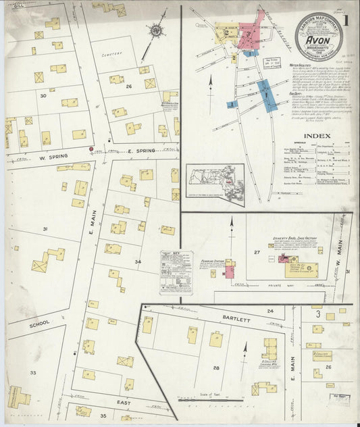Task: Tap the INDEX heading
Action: pyautogui.click(x=317, y=136)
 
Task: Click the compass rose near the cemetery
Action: pyautogui.click(x=157, y=30)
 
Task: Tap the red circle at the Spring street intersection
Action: pyautogui.click(x=91, y=149)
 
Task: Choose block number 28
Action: pyautogui.click(x=216, y=368)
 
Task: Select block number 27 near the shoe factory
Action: pyautogui.click(x=256, y=252)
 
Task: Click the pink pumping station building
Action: pyautogui.click(x=230, y=272)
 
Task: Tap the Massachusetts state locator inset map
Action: pyautogui.click(x=215, y=182)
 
